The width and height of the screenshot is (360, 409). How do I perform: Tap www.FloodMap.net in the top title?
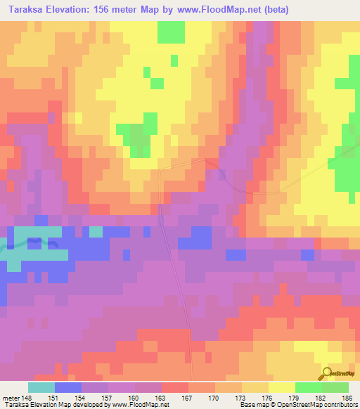205,10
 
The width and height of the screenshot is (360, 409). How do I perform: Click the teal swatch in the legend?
41,387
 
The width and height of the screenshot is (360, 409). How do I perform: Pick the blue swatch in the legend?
67,387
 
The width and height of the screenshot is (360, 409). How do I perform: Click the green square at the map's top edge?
171,32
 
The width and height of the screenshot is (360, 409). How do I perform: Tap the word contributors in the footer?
337,405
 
